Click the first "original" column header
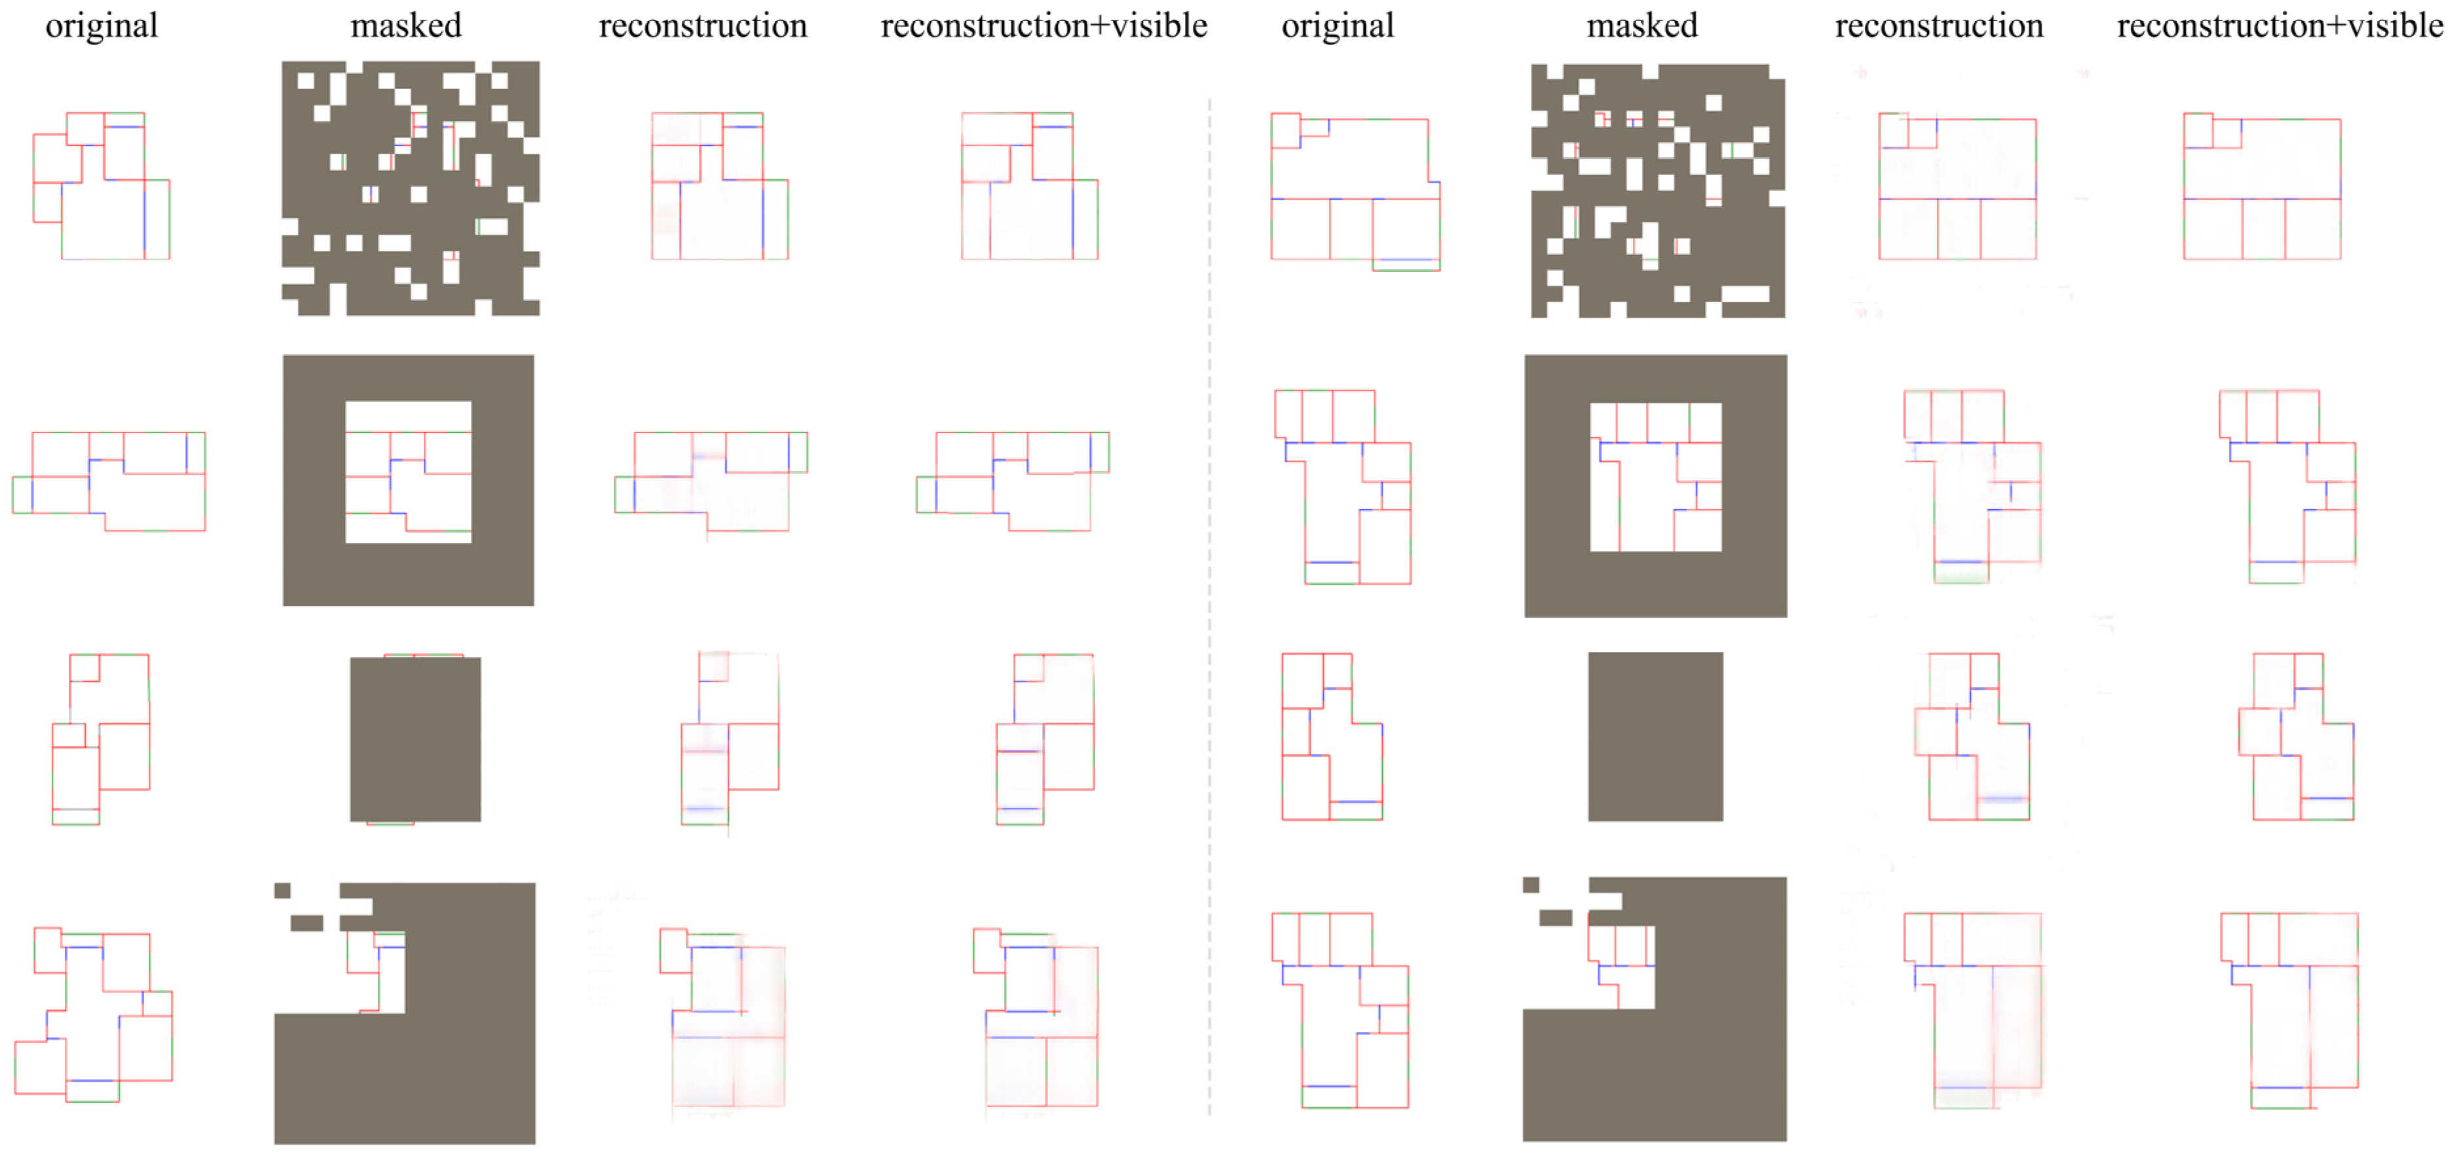[x=102, y=26]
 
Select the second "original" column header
[x=1337, y=26]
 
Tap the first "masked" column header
[x=406, y=26]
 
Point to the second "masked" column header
[x=1641, y=26]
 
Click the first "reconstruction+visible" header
[x=1043, y=26]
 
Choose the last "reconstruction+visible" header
[x=2279, y=26]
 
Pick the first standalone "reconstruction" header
[x=703, y=26]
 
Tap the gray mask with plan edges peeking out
[x=415, y=739]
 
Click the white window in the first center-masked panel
[x=408, y=472]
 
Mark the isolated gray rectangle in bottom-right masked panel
[x=1556, y=918]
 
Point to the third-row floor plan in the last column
[x=2296, y=736]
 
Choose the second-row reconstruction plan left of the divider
[x=711, y=482]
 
